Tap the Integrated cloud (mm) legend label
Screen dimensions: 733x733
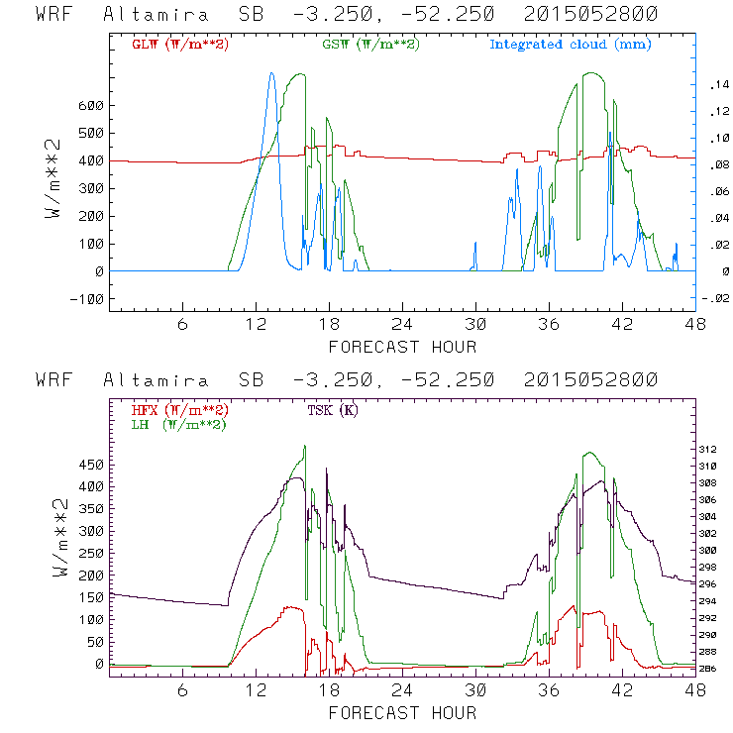(x=571, y=45)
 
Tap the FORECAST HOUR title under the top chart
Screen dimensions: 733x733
(x=401, y=347)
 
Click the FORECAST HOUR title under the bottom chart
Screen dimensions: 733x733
(x=401, y=712)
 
